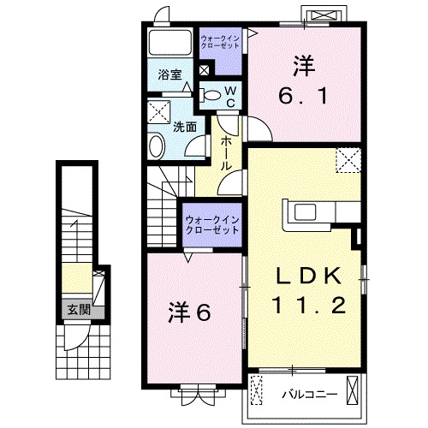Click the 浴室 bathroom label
(x=170, y=75)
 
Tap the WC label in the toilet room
(x=230, y=97)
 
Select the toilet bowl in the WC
(x=211, y=95)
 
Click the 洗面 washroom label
(x=185, y=127)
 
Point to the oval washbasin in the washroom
(x=156, y=146)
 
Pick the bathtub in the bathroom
(x=170, y=42)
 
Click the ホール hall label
(x=226, y=153)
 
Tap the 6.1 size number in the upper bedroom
(x=303, y=96)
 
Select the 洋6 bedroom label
(x=189, y=312)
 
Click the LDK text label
(x=308, y=276)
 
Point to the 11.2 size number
(x=309, y=305)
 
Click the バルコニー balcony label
(x=310, y=395)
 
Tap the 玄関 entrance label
(x=79, y=309)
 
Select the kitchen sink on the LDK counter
(x=306, y=212)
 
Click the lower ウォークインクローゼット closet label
(x=212, y=225)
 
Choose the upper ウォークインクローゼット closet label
(x=219, y=42)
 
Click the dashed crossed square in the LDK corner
(x=348, y=160)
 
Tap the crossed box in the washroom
(x=159, y=112)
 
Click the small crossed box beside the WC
(x=204, y=70)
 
